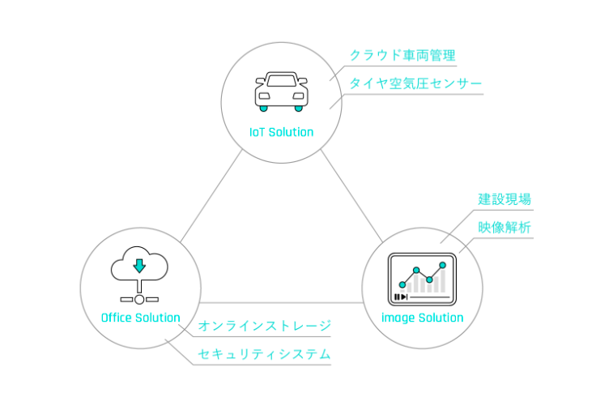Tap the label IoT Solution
pyautogui.click(x=281, y=132)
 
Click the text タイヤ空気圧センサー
pyautogui.click(x=415, y=83)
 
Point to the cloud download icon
pyautogui.click(x=139, y=271)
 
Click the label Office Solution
pyautogui.click(x=140, y=318)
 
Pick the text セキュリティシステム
pyautogui.click(x=265, y=354)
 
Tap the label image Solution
pyautogui.click(x=422, y=318)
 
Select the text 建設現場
pyautogui.click(x=504, y=199)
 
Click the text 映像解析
pyautogui.click(x=504, y=228)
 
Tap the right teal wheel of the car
pyautogui.click(x=299, y=108)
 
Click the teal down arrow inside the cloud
pyautogui.click(x=139, y=265)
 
